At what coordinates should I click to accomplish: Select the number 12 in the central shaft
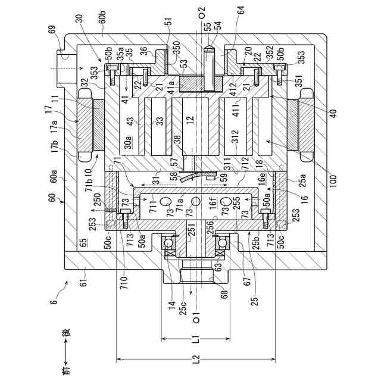[190, 120]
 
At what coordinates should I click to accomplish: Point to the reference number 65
[83, 243]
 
